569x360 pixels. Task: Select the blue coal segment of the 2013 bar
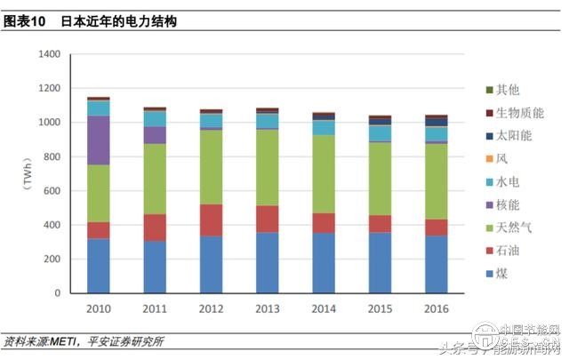tap(267, 263)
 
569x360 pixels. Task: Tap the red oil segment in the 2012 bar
tap(211, 220)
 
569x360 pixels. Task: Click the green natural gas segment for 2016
tap(436, 181)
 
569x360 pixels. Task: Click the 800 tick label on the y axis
tap(52, 157)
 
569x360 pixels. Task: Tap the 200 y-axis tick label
tap(52, 260)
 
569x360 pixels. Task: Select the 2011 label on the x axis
tap(155, 308)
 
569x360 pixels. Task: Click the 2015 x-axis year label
tap(380, 308)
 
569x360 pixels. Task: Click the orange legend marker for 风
tap(489, 159)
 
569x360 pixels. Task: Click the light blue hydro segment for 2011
tap(155, 118)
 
